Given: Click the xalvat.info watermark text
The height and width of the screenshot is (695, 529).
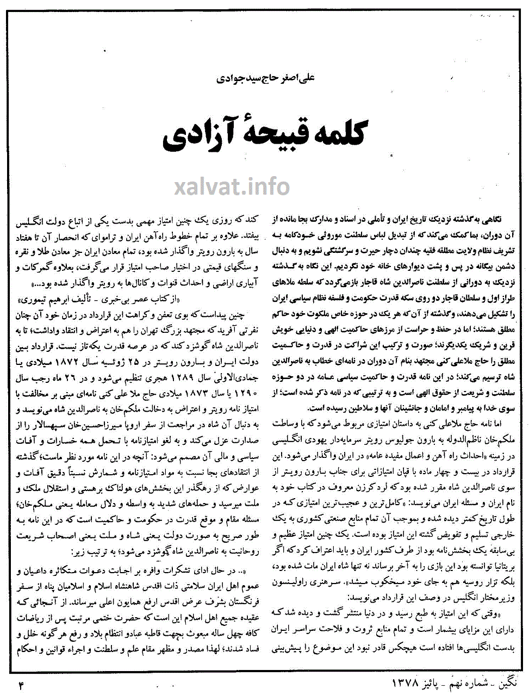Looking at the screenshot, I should pos(232,187).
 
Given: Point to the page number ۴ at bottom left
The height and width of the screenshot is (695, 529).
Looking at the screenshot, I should pos(21,685).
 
